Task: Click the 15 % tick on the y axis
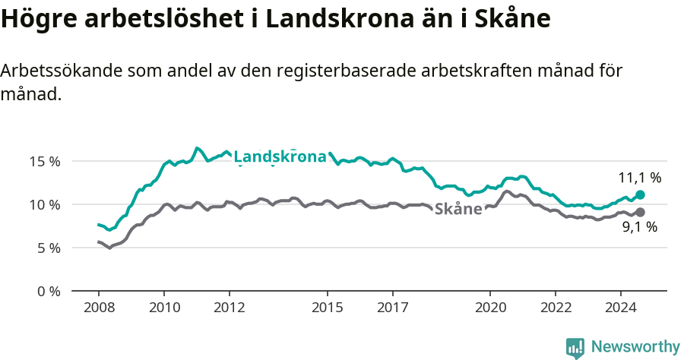click(45, 161)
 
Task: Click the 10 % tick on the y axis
click(45, 204)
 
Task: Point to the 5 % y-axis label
click(48, 248)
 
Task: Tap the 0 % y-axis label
click(48, 291)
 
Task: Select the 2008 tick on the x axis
click(99, 308)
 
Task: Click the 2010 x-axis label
click(164, 308)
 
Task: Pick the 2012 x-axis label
click(229, 308)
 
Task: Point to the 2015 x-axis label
click(327, 308)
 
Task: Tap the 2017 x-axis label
click(392, 308)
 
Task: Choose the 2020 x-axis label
click(489, 308)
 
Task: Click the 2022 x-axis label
click(555, 308)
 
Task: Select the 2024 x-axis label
click(620, 308)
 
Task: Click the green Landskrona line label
click(280, 157)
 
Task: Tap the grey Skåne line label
click(458, 209)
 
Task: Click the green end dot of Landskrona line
click(640, 195)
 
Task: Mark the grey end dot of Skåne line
click(640, 213)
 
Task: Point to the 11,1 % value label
click(640, 178)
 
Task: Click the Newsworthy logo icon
click(575, 348)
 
